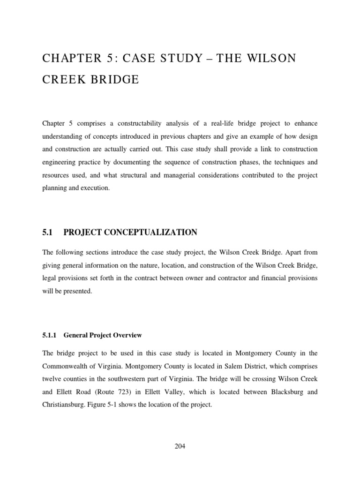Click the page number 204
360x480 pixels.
(180, 446)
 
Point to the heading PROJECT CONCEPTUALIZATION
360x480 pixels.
(130, 232)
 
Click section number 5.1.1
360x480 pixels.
(49, 335)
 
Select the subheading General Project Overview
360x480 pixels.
(103, 335)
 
